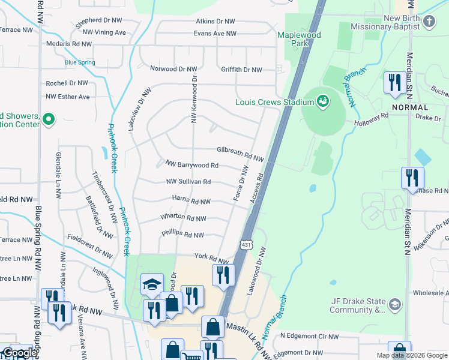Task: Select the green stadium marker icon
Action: pyautogui.click(x=323, y=101)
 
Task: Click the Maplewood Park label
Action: pyautogui.click(x=298, y=39)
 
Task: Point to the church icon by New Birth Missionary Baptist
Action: pyautogui.click(x=429, y=22)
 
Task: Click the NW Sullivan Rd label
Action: pyautogui.click(x=188, y=182)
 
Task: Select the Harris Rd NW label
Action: pyautogui.click(x=191, y=202)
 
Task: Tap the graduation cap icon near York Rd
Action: pyautogui.click(x=152, y=284)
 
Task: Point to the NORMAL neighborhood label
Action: pyautogui.click(x=410, y=106)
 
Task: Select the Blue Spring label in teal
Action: pyautogui.click(x=80, y=62)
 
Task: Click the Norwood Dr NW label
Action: pyautogui.click(x=174, y=69)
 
